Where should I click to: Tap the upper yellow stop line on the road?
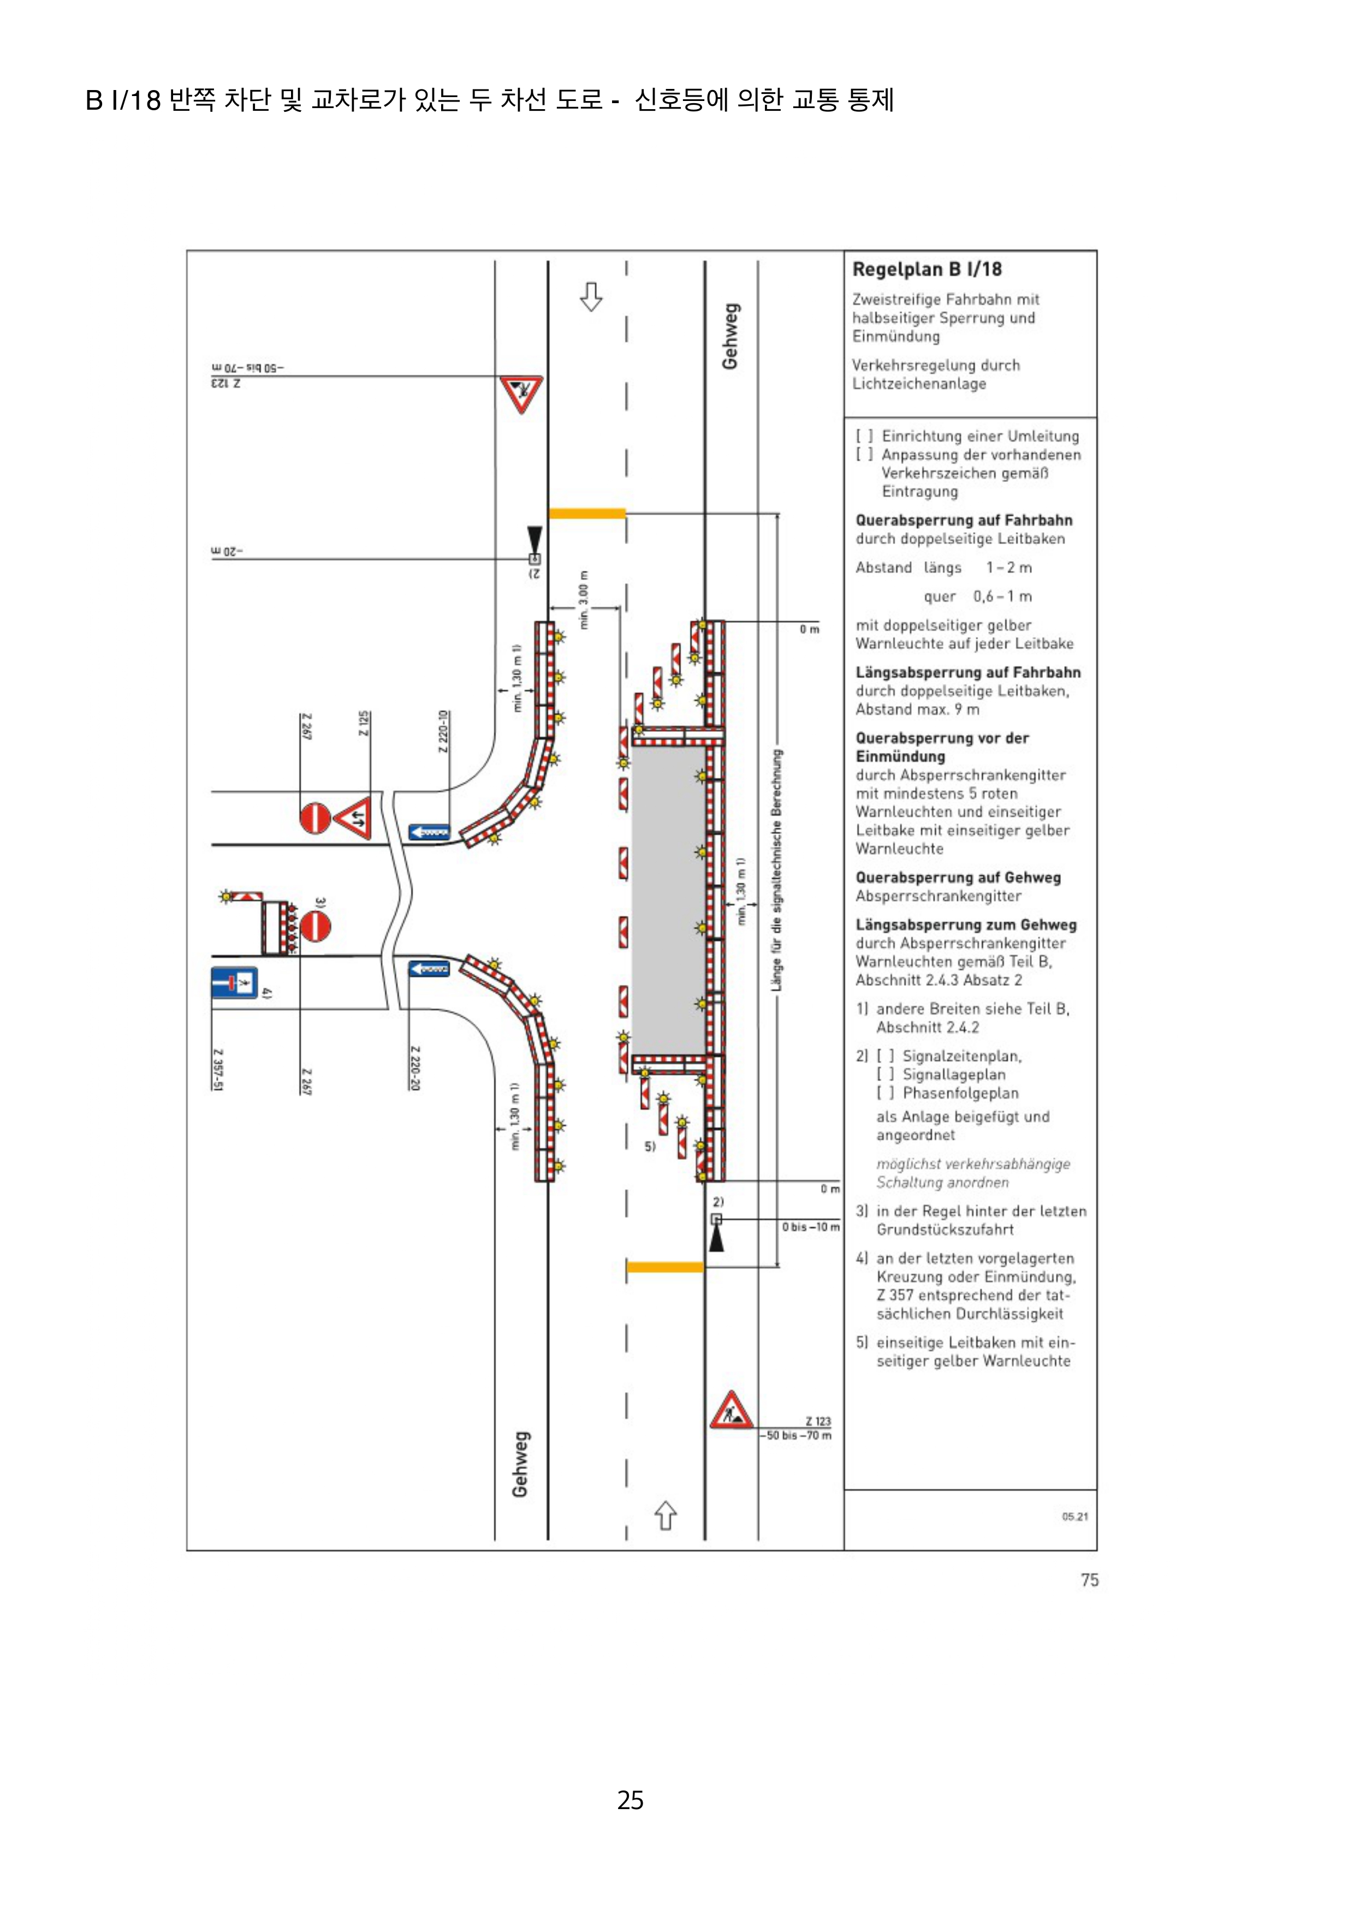tap(586, 514)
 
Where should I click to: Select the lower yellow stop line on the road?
tap(665, 1267)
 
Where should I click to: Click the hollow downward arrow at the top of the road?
tap(591, 296)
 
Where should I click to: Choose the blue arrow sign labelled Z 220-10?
tap(429, 832)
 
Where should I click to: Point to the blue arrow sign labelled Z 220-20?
tap(429, 968)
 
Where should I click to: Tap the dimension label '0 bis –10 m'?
tap(810, 1227)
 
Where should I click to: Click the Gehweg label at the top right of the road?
tap(730, 336)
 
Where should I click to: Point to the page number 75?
tap(1089, 1580)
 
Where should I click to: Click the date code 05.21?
tap(1074, 1516)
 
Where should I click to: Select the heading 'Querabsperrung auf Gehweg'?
tap(958, 878)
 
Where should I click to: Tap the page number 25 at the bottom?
tap(630, 1800)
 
